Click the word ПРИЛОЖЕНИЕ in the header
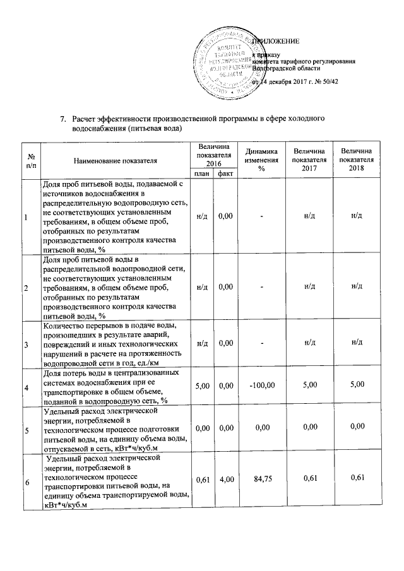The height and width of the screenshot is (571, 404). pos(276,42)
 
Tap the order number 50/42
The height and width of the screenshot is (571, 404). pos(330,82)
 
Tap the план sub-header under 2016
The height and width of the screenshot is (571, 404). pos(201,174)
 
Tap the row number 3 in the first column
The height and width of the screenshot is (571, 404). pos(25,345)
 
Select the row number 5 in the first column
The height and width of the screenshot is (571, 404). pos(25,431)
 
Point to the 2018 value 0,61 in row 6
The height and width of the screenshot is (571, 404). pos(357,481)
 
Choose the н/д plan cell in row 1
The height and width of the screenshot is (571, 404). pos(201,217)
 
